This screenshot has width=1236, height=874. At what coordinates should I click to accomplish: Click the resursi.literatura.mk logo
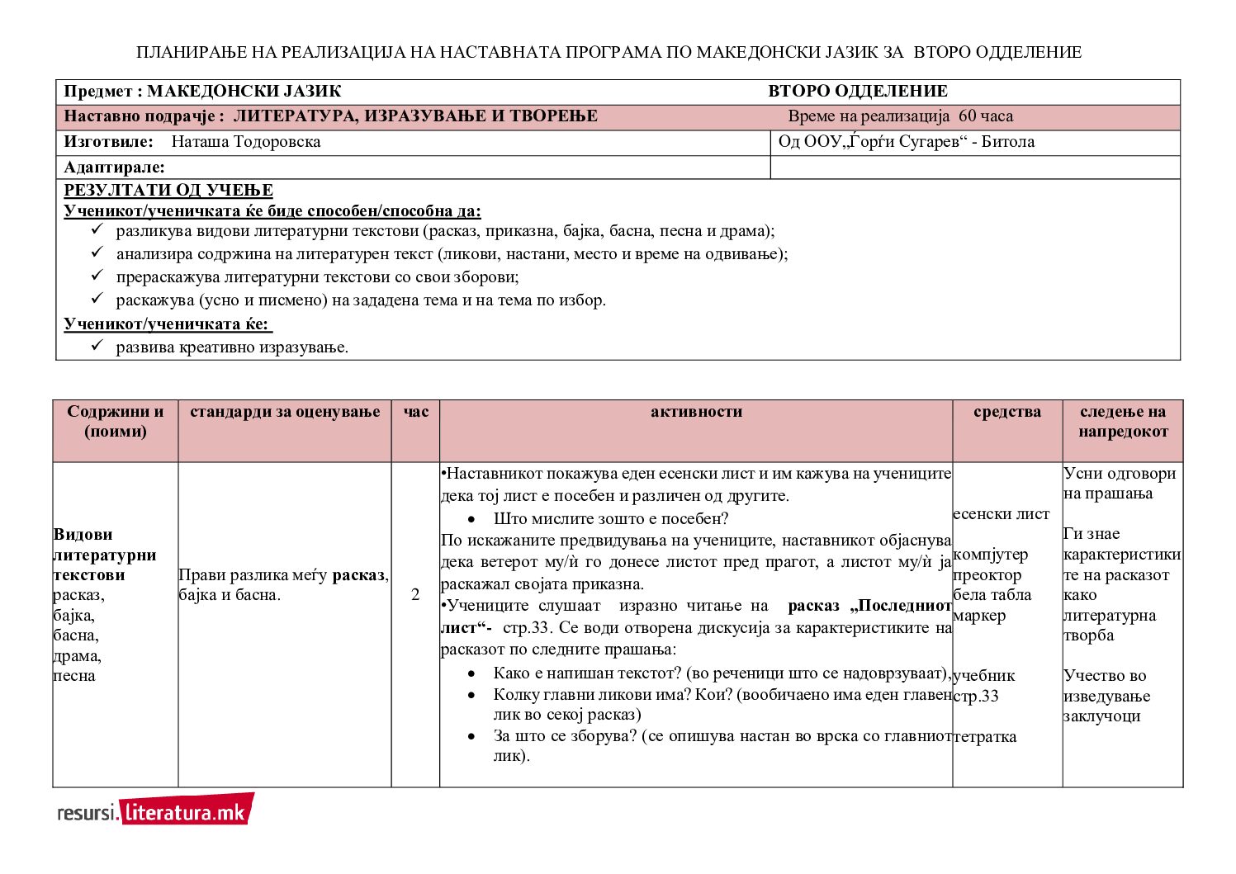point(155,810)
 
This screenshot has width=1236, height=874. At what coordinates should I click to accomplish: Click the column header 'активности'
point(696,412)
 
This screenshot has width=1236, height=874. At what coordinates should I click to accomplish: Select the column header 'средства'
point(1006,412)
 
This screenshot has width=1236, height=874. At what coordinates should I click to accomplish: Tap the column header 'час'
point(415,412)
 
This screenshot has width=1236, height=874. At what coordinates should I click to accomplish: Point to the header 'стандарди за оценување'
point(285,412)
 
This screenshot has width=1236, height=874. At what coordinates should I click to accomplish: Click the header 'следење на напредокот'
point(1122,422)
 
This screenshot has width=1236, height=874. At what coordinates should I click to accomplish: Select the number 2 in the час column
point(415,594)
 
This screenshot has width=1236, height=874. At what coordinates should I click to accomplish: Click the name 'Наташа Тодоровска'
point(245,142)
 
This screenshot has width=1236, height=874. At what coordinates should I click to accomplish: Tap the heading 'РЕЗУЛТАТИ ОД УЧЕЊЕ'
point(168,191)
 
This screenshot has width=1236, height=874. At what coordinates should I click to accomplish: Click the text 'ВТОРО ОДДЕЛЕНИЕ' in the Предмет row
point(858,92)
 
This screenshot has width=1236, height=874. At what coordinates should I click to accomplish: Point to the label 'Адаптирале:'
point(114,168)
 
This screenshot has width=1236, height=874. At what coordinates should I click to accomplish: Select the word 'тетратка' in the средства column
point(985,736)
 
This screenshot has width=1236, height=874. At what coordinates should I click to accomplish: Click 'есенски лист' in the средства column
point(1001,514)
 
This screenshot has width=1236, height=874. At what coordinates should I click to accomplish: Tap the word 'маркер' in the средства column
point(979,616)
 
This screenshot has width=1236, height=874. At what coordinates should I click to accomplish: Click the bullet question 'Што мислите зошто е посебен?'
point(610,519)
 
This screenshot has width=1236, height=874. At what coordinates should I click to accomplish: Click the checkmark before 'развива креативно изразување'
point(97,346)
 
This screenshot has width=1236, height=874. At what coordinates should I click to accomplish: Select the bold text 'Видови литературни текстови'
point(104,555)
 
